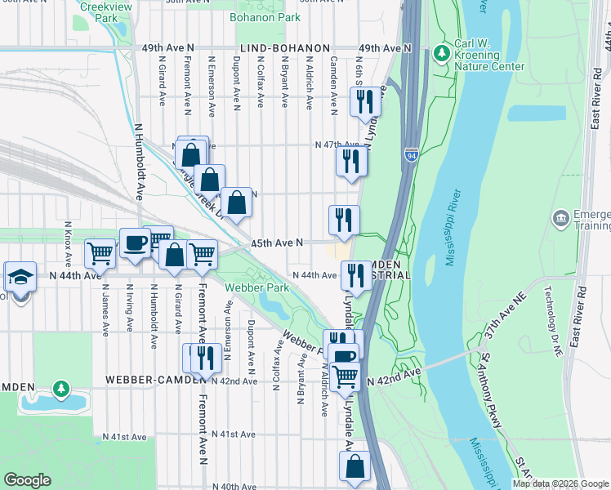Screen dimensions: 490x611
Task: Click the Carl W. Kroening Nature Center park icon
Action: tap(442, 51)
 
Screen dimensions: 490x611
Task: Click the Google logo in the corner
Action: tap(27, 480)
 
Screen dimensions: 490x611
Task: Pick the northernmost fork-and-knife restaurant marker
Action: tap(365, 101)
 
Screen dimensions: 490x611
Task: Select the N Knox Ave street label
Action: tap(68, 243)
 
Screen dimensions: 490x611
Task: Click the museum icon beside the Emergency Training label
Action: tap(561, 217)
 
